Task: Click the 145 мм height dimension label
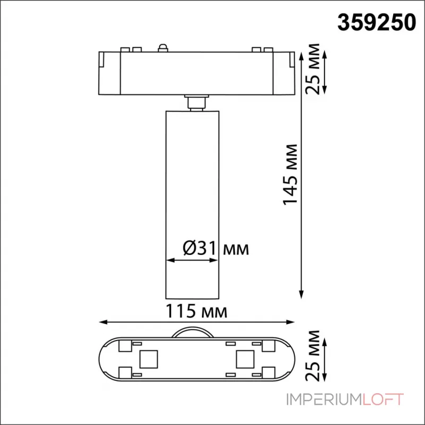(x=290, y=174)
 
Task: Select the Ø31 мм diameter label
(x=215, y=248)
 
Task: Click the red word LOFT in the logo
(x=384, y=399)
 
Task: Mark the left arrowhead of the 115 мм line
(x=102, y=322)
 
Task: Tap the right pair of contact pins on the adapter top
(x=259, y=50)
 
